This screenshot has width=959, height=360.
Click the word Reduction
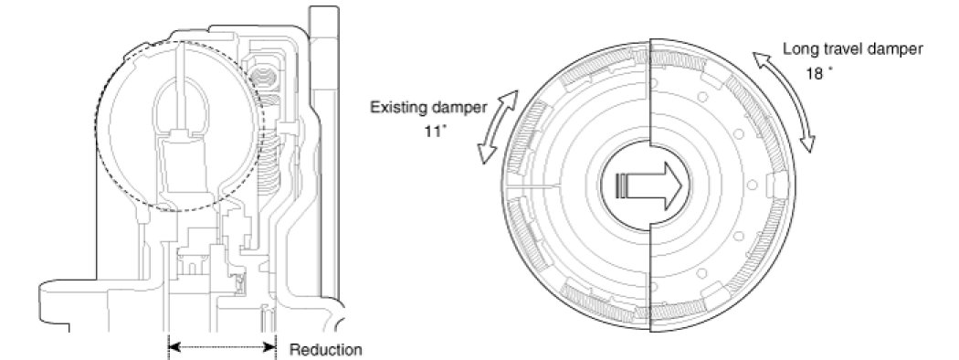[x=325, y=350]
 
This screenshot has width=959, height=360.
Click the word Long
[x=797, y=50]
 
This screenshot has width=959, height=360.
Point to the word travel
[x=838, y=49]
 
